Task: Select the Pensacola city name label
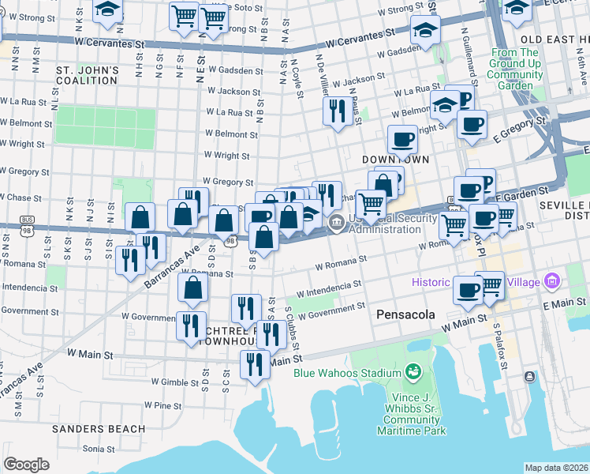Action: pos(405,314)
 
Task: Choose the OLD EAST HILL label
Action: pos(555,39)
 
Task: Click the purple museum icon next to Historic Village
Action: pos(551,282)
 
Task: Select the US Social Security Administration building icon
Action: pos(337,223)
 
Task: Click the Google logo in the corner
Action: pos(26,465)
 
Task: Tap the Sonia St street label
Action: pos(99,448)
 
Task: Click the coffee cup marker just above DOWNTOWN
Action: pos(402,140)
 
